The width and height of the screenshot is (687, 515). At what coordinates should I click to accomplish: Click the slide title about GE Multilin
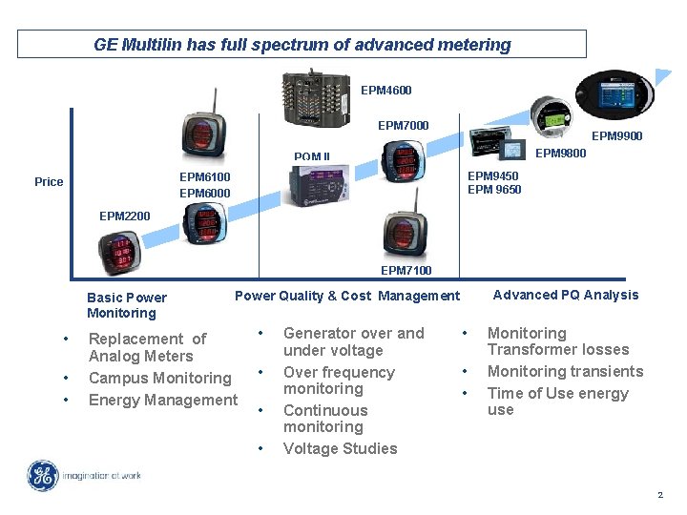[x=302, y=45]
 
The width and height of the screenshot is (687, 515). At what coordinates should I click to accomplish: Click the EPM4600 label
[x=385, y=91]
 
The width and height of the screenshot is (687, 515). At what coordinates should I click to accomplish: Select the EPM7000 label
[x=403, y=125]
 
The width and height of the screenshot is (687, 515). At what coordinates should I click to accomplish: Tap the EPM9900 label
[x=616, y=136]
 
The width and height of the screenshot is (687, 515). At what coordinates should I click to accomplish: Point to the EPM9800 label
[x=560, y=154]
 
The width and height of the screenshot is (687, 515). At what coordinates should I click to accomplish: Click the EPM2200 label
[x=124, y=216]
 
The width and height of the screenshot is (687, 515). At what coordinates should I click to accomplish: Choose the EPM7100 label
[x=406, y=271]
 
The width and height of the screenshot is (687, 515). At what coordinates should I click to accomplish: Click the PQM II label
[x=311, y=157]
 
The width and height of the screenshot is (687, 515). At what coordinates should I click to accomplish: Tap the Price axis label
[x=49, y=182]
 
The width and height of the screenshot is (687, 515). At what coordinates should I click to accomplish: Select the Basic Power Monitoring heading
[x=126, y=305]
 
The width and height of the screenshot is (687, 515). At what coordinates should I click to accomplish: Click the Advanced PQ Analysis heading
[x=565, y=295]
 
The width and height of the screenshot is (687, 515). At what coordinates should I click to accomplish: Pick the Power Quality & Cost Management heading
[x=346, y=296]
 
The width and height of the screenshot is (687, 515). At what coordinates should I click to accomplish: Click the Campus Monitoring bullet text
[x=159, y=379]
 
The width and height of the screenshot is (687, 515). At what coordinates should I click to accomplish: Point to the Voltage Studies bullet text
[x=340, y=448]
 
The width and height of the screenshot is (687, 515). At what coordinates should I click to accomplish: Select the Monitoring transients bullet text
[x=565, y=371]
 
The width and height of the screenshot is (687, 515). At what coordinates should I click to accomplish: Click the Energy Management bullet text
[x=162, y=400]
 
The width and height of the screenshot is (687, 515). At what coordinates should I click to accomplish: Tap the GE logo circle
[x=42, y=476]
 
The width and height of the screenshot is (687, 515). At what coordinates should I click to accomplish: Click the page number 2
[x=659, y=495]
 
